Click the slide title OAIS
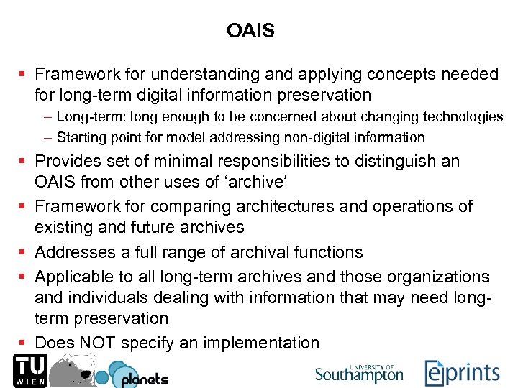250,31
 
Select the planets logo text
144,378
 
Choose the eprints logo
462,372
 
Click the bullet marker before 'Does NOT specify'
24,343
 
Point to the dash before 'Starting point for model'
47,137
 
